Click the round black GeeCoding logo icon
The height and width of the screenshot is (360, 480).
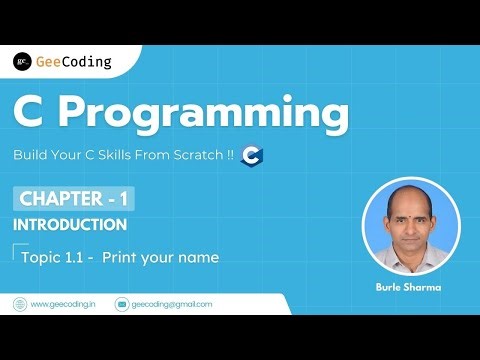point(22,62)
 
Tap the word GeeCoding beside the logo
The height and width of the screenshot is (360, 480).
point(74,62)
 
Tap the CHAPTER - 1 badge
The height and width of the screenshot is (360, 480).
point(73,198)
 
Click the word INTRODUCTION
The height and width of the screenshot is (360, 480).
point(70,224)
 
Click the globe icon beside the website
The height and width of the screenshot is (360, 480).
point(20,304)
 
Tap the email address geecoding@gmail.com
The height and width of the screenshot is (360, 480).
point(172,304)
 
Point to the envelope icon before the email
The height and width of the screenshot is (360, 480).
point(123,304)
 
